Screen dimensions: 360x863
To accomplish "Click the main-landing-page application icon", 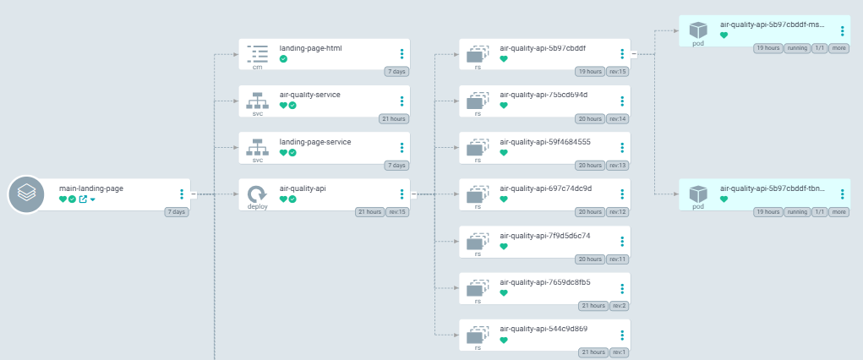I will (27, 194).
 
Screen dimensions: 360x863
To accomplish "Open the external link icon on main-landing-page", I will (83, 199).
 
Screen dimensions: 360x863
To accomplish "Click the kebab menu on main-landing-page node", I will (182, 194).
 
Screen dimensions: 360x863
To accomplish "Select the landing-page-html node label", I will (310, 48).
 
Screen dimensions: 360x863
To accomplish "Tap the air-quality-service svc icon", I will (258, 101).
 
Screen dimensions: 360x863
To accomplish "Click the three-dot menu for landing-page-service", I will (401, 148).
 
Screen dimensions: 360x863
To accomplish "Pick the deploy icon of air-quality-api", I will (258, 195).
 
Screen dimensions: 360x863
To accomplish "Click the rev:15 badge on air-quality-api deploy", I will (397, 212).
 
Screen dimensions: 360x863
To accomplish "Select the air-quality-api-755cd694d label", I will (543, 95).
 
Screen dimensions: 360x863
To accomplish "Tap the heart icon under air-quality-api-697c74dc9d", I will (504, 199).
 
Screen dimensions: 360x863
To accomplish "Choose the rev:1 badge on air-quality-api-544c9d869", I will (619, 352).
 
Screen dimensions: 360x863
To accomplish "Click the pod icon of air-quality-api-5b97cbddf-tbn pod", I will (698, 195).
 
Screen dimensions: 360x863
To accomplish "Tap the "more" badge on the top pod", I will (839, 48).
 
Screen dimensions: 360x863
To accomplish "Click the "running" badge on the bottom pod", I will (797, 212).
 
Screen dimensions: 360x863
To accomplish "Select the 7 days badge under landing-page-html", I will (396, 72).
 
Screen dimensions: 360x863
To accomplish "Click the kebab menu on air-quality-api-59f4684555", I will (623, 148).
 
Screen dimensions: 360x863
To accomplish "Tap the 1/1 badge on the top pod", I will (820, 48).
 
